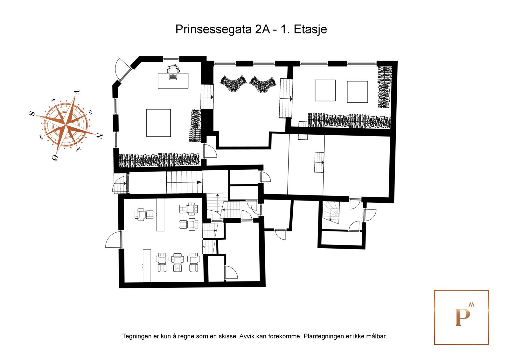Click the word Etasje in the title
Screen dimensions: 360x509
click(310, 30)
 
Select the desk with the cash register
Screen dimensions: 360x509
click(173, 81)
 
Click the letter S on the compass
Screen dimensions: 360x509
click(32, 114)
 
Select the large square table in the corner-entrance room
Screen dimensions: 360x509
click(158, 123)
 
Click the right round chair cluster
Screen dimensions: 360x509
click(263, 84)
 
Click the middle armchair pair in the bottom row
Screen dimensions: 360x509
click(178, 262)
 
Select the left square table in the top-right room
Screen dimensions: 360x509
click(325, 90)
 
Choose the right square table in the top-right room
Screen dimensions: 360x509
click(357, 92)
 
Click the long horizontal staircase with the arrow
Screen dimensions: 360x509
click(184, 182)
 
